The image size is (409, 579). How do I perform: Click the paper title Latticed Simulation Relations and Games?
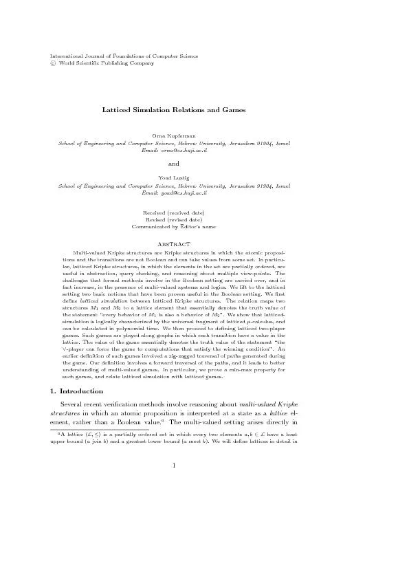[174, 109]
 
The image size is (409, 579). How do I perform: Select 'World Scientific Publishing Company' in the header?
[107, 63]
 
